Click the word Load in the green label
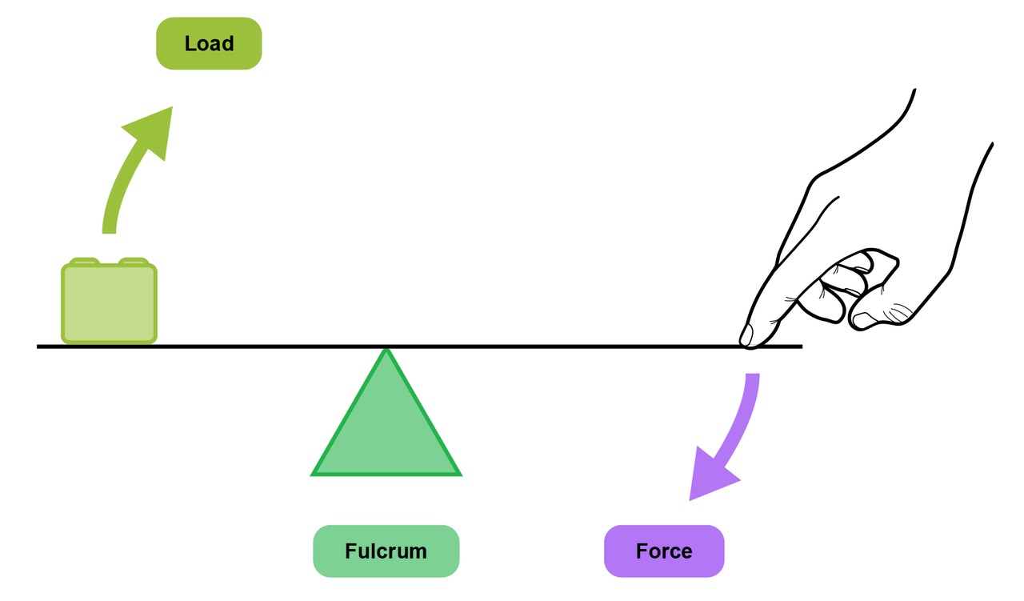point(210,43)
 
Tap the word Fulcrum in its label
point(386,551)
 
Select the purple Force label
point(664,551)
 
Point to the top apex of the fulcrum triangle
point(386,349)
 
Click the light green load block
point(110,301)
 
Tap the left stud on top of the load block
point(85,261)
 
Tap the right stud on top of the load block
point(134,261)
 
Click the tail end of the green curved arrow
point(109,233)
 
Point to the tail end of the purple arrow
point(753,375)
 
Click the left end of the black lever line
point(38,347)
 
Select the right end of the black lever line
point(802,347)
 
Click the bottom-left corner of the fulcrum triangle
point(311,475)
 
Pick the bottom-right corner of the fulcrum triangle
point(462,475)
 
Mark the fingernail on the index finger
point(746,335)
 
